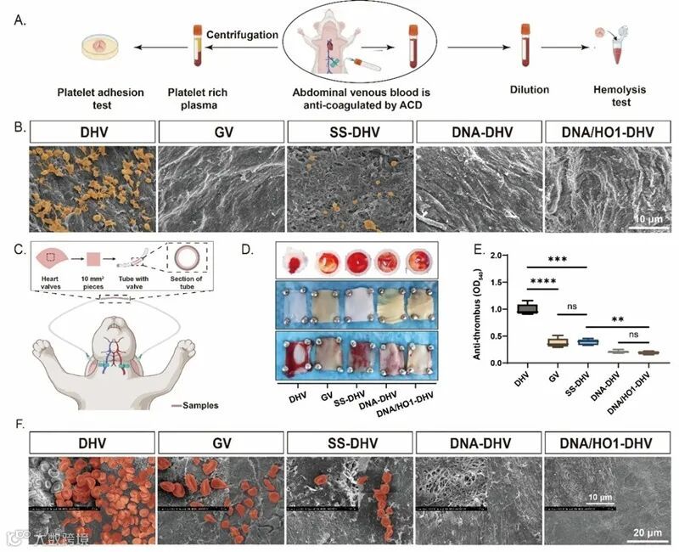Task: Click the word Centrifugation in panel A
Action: click(242, 35)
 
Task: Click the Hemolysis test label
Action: click(612, 94)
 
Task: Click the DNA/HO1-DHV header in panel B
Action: click(608, 132)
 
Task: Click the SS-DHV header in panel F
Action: click(350, 442)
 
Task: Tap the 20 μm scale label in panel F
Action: click(647, 532)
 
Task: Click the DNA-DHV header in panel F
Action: click(479, 442)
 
